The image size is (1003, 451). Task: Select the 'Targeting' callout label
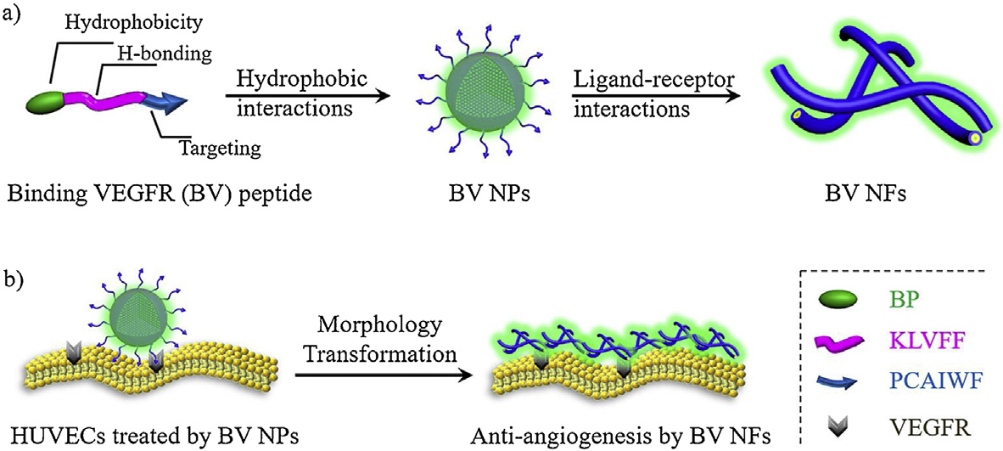[x=219, y=149]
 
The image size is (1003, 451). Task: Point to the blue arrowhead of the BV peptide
[x=176, y=104]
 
